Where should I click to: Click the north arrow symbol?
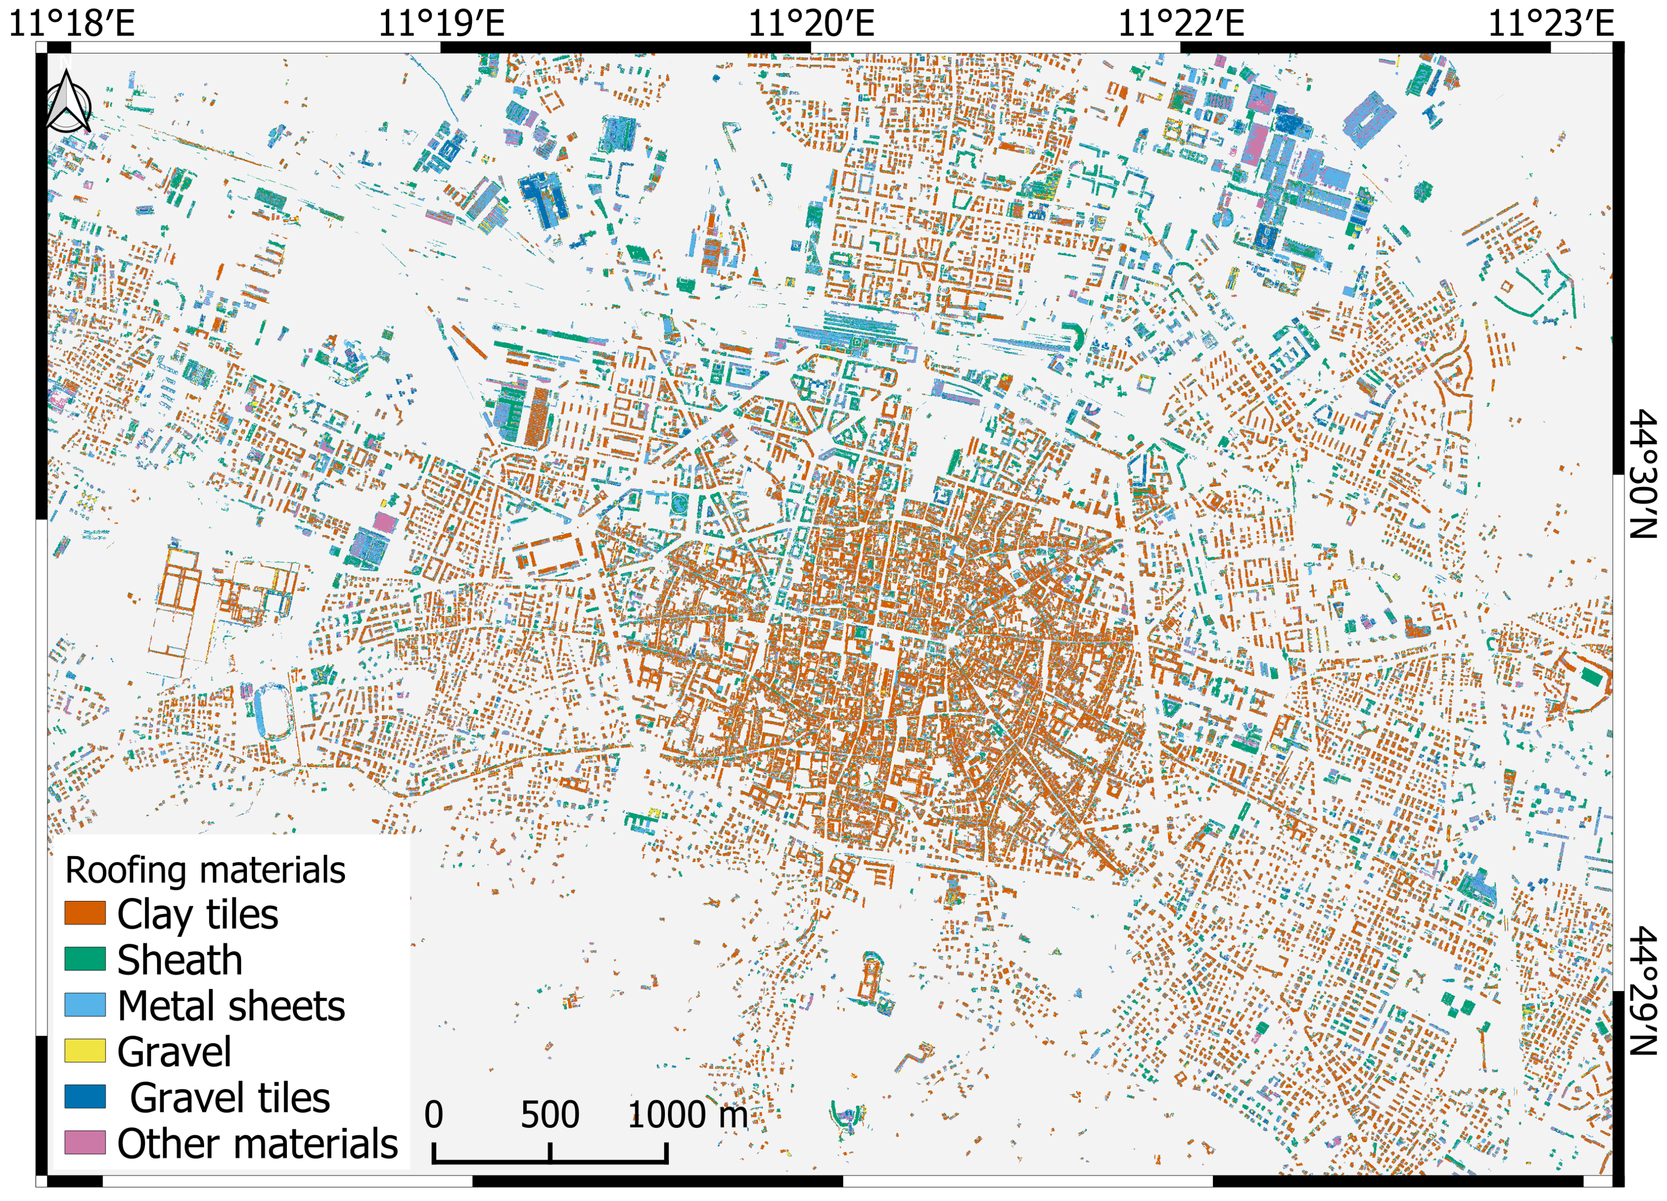coord(68,101)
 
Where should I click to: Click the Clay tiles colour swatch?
coord(85,914)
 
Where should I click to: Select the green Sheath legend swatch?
coord(85,959)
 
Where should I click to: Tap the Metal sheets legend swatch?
coord(85,1005)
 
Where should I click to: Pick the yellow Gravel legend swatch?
coord(85,1051)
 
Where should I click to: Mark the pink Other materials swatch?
coord(85,1142)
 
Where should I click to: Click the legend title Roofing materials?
coord(205,870)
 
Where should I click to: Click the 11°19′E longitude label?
coord(441,22)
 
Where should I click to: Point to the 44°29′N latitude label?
coord(1644,991)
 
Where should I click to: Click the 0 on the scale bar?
coord(434,1115)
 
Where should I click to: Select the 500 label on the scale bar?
coord(550,1115)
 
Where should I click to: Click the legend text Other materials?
coord(257,1144)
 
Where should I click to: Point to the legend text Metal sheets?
coord(231,1006)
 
